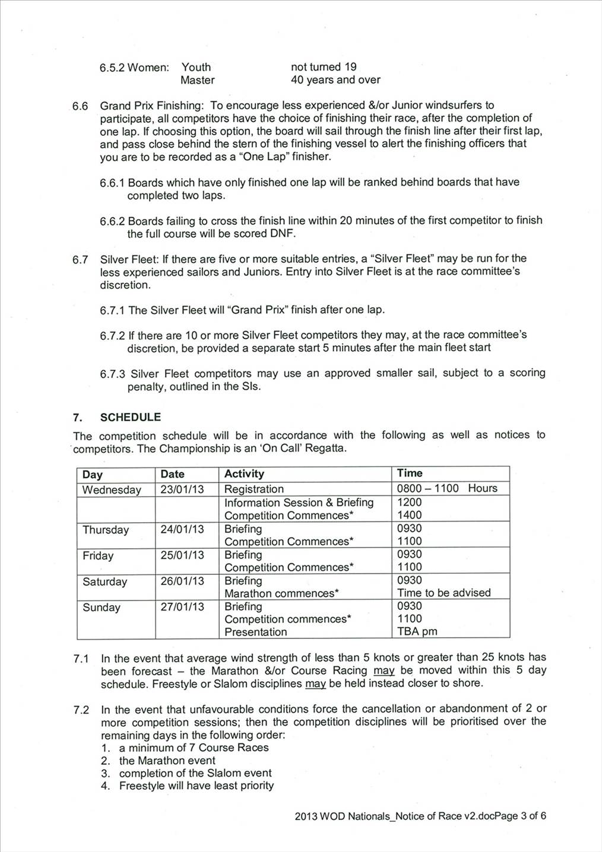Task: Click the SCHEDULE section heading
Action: click(130, 417)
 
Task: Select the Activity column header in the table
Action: click(244, 473)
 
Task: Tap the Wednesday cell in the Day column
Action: click(112, 489)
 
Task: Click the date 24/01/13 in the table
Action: click(182, 529)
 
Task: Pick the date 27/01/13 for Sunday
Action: click(182, 606)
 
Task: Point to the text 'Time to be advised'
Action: click(443, 593)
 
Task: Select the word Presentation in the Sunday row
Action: click(255, 632)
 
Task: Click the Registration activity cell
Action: click(254, 489)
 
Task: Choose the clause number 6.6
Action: click(80, 106)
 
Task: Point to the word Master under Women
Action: click(198, 80)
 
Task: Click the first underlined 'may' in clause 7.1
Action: click(384, 670)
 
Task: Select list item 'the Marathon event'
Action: click(167, 760)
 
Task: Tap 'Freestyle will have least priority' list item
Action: click(196, 786)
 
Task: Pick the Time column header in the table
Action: click(410, 473)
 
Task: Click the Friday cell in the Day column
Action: click(98, 555)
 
